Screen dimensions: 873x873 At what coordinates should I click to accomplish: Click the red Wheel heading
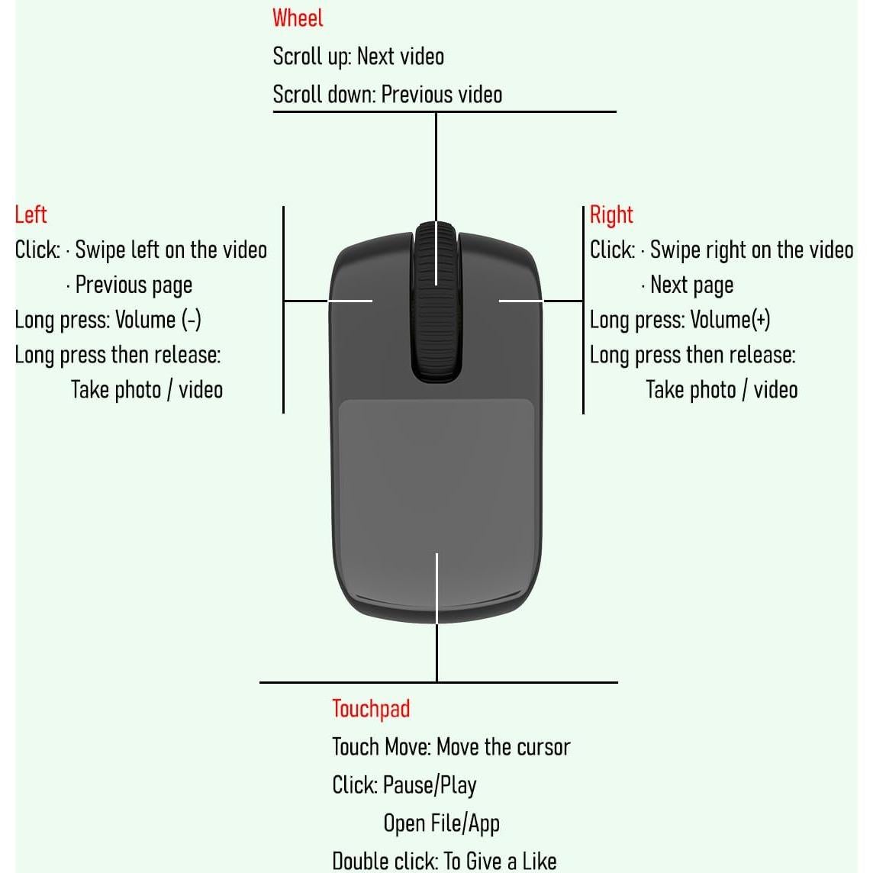[x=298, y=18]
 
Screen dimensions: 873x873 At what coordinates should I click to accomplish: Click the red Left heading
[x=31, y=215]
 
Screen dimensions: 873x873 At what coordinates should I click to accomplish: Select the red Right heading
[x=611, y=215]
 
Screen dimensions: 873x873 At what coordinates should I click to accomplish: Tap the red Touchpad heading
[x=371, y=710]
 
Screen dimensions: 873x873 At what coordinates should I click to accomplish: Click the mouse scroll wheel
[x=436, y=301]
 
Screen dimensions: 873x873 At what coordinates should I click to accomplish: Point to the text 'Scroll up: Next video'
[x=359, y=56]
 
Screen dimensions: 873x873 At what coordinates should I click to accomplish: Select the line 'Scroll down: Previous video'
[x=388, y=95]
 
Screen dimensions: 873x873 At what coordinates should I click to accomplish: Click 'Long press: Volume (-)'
[x=108, y=321]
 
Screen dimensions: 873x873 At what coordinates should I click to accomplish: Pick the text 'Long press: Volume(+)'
[x=680, y=321]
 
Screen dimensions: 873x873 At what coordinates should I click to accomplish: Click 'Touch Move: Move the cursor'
[x=451, y=747]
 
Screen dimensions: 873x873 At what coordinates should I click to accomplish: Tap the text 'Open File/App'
[x=442, y=823]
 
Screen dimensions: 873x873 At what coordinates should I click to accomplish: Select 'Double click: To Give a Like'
[x=444, y=861]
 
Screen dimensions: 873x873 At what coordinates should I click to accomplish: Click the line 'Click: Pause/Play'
[x=404, y=785]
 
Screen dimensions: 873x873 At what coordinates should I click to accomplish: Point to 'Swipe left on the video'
[x=171, y=250]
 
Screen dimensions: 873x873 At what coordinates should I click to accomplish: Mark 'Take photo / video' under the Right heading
[x=722, y=390]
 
